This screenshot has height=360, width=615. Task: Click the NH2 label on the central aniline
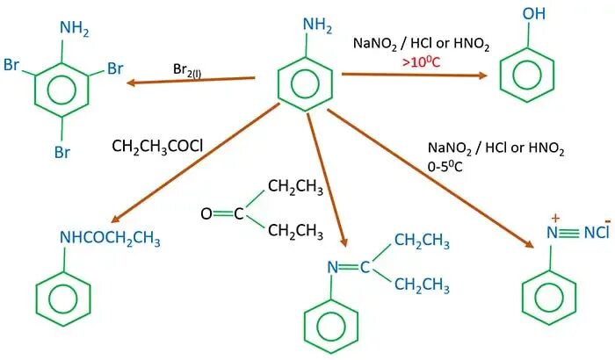click(x=319, y=26)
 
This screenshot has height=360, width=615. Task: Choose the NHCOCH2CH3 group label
click(x=109, y=238)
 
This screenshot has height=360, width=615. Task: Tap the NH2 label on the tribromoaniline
click(x=74, y=29)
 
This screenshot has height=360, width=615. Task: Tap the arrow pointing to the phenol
click(x=413, y=75)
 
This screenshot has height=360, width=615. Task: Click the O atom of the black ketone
click(x=206, y=213)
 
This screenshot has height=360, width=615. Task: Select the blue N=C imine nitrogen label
click(x=332, y=266)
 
